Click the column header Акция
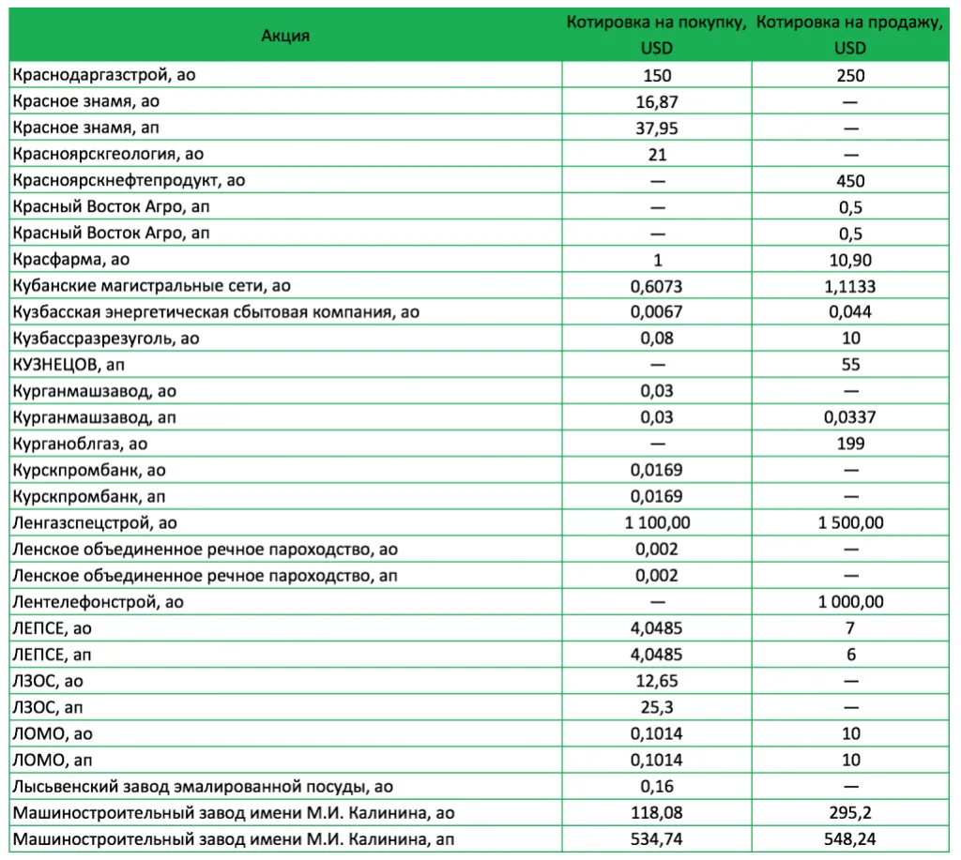click(285, 36)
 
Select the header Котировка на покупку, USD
click(657, 35)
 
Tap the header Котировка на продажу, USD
click(850, 35)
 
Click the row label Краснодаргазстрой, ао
click(104, 75)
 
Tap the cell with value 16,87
click(657, 101)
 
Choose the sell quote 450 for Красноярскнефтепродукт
click(851, 181)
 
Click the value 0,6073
click(657, 286)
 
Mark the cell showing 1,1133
click(851, 286)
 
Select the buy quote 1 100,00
click(657, 522)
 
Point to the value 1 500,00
click(851, 522)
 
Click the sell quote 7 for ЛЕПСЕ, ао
click(851, 627)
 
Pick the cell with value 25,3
click(657, 706)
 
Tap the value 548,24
click(851, 838)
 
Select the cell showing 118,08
click(657, 812)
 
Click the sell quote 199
click(851, 444)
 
